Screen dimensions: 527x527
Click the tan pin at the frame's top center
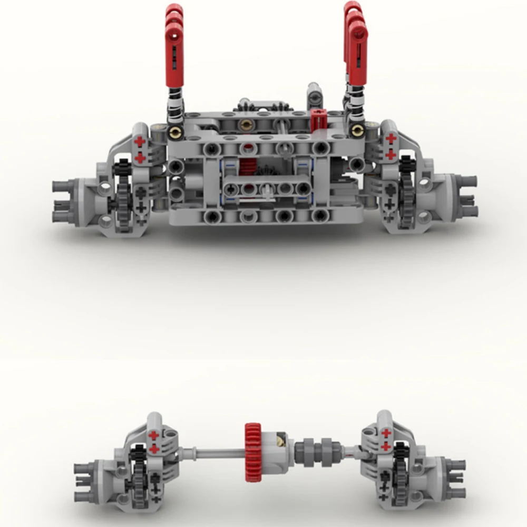[246, 125]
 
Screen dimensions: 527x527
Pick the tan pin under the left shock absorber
[173, 130]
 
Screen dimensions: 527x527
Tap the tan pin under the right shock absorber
[359, 130]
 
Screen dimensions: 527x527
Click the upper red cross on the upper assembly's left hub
[140, 142]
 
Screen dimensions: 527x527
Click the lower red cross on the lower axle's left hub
[154, 448]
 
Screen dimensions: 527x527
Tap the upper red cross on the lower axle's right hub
[386, 433]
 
